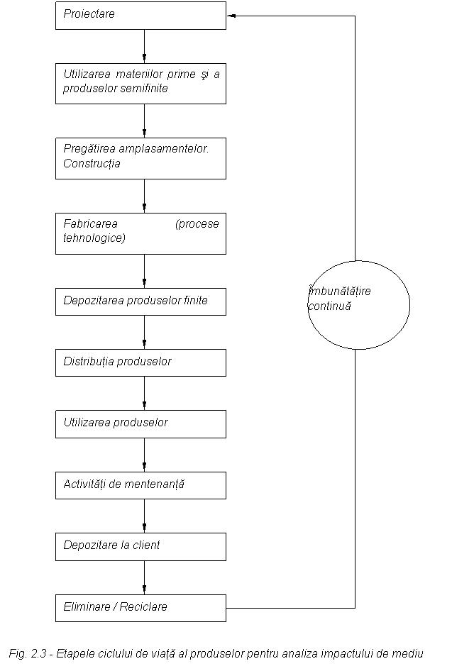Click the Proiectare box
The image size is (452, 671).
click(x=140, y=15)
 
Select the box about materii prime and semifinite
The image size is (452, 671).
click(x=140, y=83)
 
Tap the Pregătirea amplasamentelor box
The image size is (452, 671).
click(x=140, y=157)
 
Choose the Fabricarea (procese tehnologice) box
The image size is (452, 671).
click(x=140, y=233)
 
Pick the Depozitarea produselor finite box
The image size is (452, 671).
click(x=140, y=301)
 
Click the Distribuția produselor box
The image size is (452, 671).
click(x=140, y=362)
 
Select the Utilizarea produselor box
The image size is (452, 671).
click(x=140, y=423)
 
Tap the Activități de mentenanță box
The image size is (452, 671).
click(x=140, y=485)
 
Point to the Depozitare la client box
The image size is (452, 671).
click(x=140, y=546)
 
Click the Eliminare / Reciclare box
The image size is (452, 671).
click(x=140, y=608)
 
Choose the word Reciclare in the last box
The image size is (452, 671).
click(x=144, y=607)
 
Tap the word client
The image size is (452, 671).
click(x=145, y=545)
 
